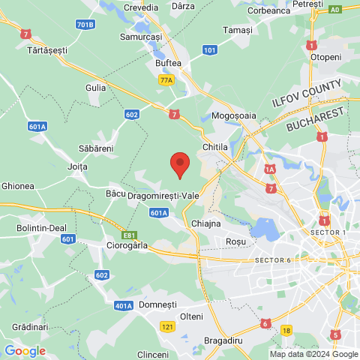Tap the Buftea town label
point(168,64)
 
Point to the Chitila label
point(215,147)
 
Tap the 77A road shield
point(166,79)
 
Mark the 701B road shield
point(85,25)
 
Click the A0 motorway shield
point(334,10)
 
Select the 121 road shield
point(168,327)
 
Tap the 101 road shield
point(210,50)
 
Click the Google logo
point(25,351)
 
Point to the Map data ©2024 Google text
point(314,354)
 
